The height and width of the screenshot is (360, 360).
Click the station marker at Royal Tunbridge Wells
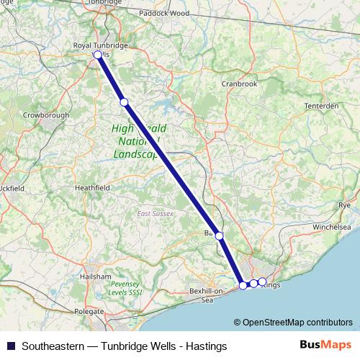(x=98, y=54)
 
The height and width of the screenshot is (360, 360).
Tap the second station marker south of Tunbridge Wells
(x=124, y=102)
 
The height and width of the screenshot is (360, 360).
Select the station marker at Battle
(x=219, y=235)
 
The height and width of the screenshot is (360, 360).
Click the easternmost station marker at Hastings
(x=262, y=282)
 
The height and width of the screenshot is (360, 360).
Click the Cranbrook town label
(x=240, y=84)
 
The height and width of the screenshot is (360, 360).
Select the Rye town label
(x=344, y=205)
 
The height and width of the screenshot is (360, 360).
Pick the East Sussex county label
(x=155, y=214)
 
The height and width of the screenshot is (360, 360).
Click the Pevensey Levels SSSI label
(x=124, y=289)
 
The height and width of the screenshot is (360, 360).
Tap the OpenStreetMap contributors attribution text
(x=297, y=322)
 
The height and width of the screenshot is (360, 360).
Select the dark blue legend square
(x=11, y=346)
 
